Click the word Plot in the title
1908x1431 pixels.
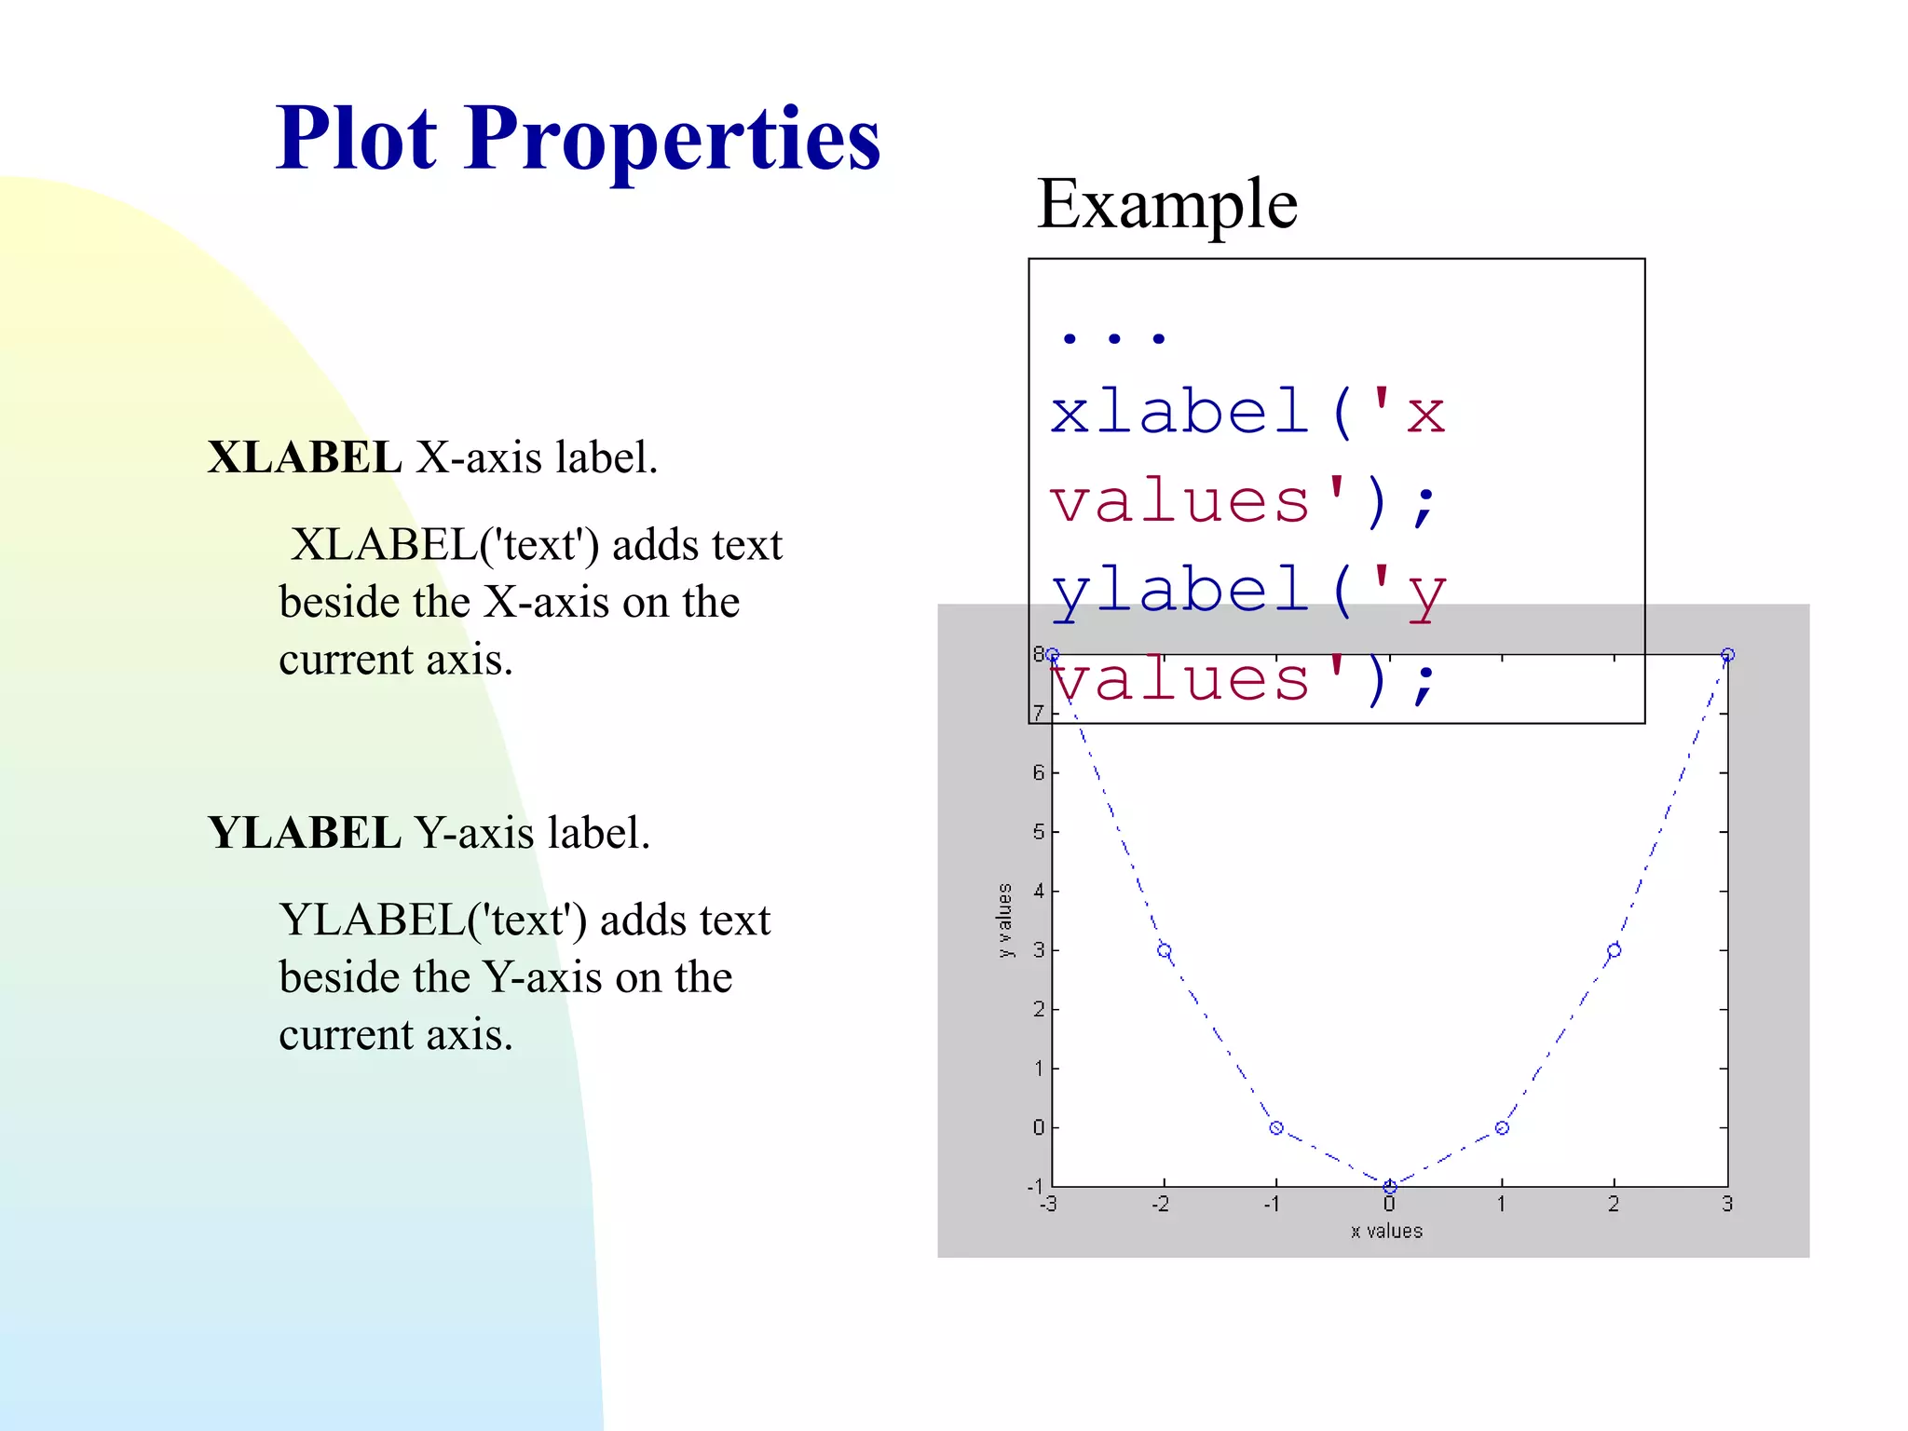[x=356, y=140]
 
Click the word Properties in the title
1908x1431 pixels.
[x=672, y=140]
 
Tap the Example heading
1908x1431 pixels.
[x=1166, y=205]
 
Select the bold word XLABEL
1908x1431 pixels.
[x=304, y=457]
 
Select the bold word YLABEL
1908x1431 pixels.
[x=304, y=833]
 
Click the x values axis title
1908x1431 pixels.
[x=1386, y=1231]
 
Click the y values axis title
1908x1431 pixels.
[x=1003, y=920]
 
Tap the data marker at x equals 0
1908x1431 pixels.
[x=1389, y=1187]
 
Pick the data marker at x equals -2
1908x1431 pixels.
[x=1164, y=950]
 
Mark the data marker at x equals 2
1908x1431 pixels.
[x=1614, y=950]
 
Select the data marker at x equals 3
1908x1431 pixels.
[x=1727, y=655]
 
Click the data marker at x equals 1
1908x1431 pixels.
[x=1502, y=1128]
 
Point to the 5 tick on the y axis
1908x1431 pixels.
[x=1039, y=832]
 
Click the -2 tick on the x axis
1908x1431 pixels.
[x=1160, y=1205]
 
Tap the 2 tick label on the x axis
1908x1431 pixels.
[x=1614, y=1205]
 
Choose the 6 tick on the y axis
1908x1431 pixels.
[x=1039, y=772]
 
